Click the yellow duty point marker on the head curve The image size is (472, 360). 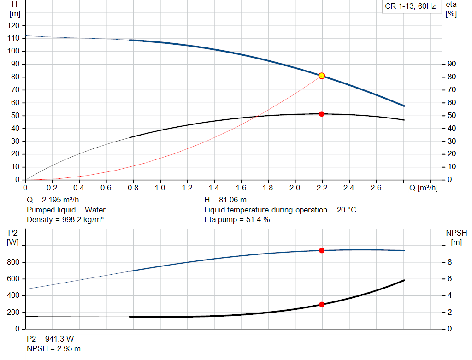321,76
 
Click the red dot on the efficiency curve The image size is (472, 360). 321,114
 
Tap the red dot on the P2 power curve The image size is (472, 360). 321,250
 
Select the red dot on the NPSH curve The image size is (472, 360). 321,305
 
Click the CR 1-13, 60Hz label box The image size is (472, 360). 410,6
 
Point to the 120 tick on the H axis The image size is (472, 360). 13,26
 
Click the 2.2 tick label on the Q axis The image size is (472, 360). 322,188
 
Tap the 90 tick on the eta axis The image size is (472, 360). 452,64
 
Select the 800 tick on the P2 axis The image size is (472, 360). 13,262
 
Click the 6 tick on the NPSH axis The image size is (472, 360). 449,279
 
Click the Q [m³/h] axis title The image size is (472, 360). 423,188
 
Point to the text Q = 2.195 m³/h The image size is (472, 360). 53,200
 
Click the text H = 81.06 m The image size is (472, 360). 225,200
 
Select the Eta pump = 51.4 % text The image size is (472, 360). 237,220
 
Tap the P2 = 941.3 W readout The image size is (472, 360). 50,339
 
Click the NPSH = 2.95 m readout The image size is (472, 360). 53,349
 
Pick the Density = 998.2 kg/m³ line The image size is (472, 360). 65,220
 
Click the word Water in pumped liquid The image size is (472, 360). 95,210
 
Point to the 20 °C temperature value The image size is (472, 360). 347,210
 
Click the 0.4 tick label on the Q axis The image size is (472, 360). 78,188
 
